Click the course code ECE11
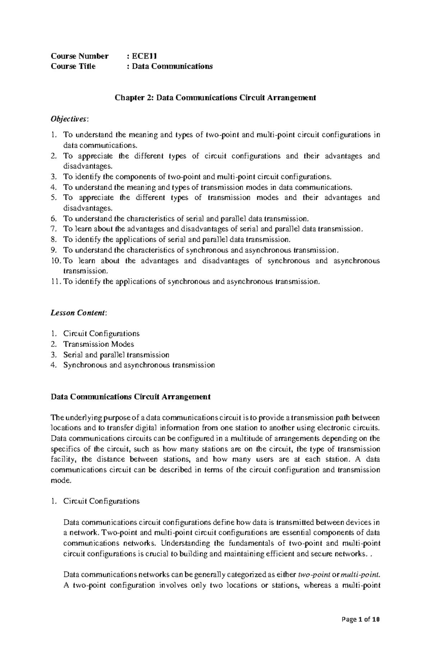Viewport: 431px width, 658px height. point(144,56)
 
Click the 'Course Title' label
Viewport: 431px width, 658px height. point(73,66)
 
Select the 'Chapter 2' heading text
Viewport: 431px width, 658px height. point(215,98)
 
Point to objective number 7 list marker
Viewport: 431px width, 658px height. point(54,229)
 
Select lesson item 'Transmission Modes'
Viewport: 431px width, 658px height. point(98,344)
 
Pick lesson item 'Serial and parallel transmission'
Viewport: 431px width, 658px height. point(116,355)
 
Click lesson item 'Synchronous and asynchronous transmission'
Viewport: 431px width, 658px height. point(139,365)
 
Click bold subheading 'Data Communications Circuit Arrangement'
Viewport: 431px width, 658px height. point(130,397)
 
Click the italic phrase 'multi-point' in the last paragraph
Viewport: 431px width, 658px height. point(360,575)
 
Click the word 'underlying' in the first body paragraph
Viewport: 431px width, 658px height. point(83,418)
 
